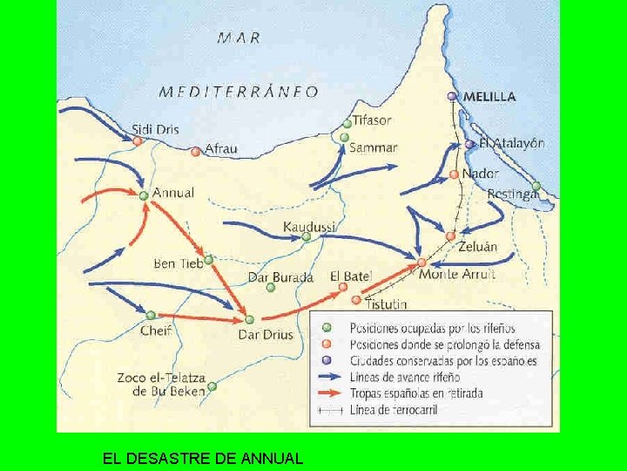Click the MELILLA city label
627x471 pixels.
(x=489, y=96)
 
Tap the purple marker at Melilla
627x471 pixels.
(x=452, y=96)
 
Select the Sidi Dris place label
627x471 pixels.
(x=155, y=129)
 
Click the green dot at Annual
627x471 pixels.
(x=144, y=195)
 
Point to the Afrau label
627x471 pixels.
(x=220, y=149)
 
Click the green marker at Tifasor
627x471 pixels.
(x=347, y=123)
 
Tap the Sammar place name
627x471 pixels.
(x=373, y=147)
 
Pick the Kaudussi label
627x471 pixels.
(x=309, y=227)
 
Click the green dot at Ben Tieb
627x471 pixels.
(x=209, y=259)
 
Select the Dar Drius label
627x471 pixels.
(x=266, y=334)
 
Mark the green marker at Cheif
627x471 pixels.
(x=151, y=315)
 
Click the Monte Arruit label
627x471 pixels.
(x=456, y=274)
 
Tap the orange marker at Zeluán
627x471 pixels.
(x=450, y=235)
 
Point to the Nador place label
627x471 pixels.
(x=480, y=173)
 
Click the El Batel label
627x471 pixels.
(x=350, y=276)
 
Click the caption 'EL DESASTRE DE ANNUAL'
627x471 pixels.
(x=202, y=457)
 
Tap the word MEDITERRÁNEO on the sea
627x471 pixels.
(x=239, y=91)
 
